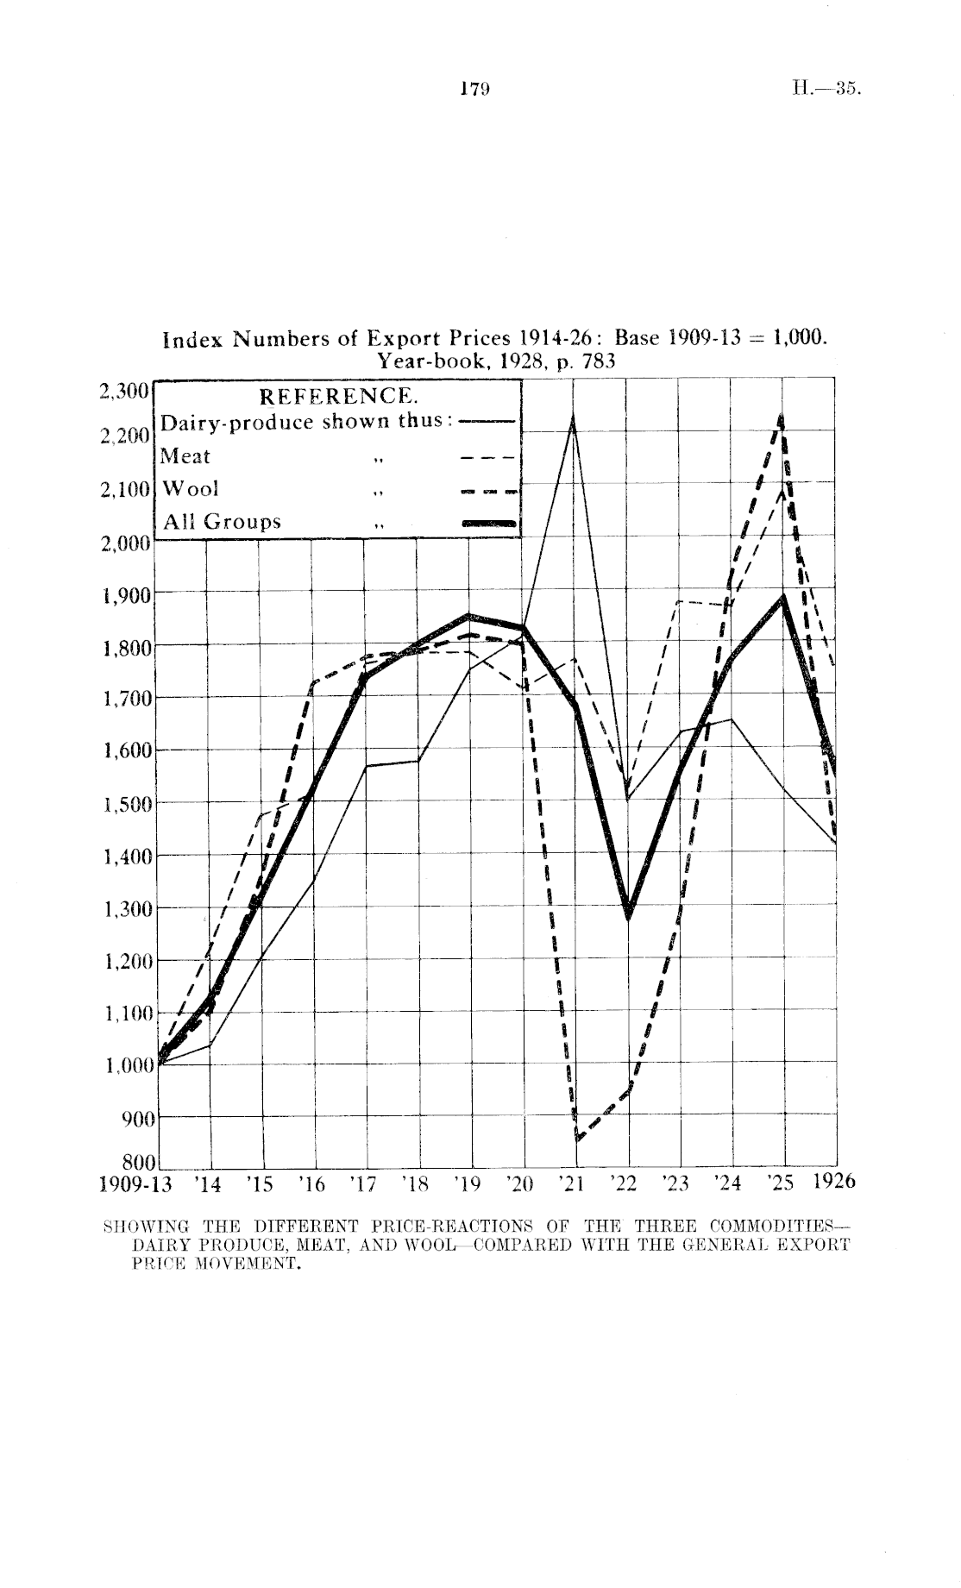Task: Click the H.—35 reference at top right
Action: (x=826, y=88)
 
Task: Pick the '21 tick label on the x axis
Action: (x=573, y=1183)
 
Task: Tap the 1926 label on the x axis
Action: (x=833, y=1182)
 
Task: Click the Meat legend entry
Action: (x=185, y=456)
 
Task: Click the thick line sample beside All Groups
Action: (x=489, y=523)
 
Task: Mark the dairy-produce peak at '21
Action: (x=573, y=418)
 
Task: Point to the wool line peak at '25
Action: (x=782, y=417)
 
